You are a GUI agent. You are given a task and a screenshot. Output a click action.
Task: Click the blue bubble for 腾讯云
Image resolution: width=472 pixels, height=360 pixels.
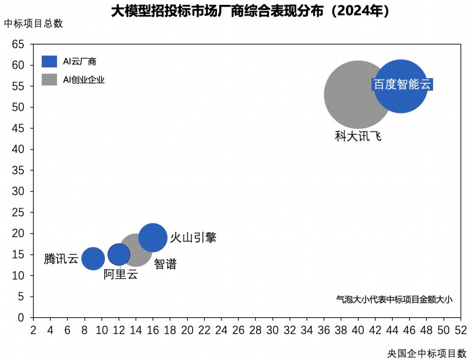point(93,258)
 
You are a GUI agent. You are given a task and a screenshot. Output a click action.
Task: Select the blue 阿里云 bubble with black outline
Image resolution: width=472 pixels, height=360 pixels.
point(119,254)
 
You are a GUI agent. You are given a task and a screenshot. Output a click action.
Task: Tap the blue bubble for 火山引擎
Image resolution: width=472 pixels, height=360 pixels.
point(153,238)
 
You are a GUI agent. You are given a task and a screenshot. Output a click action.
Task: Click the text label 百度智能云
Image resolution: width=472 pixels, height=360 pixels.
point(402,84)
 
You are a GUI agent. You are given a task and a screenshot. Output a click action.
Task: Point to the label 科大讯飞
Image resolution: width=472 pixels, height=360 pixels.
point(358,136)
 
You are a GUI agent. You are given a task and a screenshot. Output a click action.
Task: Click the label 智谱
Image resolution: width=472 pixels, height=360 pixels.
point(165,264)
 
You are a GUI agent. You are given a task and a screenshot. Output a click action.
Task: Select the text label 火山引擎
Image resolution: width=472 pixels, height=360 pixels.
point(193,238)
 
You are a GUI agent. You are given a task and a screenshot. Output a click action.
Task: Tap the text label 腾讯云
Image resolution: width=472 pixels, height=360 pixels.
point(61,259)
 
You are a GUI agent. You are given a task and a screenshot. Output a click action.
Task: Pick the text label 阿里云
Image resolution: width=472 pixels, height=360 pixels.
point(120,274)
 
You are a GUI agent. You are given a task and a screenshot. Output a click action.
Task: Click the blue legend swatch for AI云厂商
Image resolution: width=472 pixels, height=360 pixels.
point(50,61)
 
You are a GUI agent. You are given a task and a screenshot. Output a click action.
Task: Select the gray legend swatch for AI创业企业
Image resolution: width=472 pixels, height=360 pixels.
point(50,79)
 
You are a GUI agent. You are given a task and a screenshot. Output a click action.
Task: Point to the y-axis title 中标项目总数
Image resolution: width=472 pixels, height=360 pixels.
point(33,24)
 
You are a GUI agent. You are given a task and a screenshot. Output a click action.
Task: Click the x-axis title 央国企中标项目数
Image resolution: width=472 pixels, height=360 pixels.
point(426,353)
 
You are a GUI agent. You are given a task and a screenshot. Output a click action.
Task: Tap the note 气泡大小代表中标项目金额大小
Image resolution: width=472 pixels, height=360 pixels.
point(394,299)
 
